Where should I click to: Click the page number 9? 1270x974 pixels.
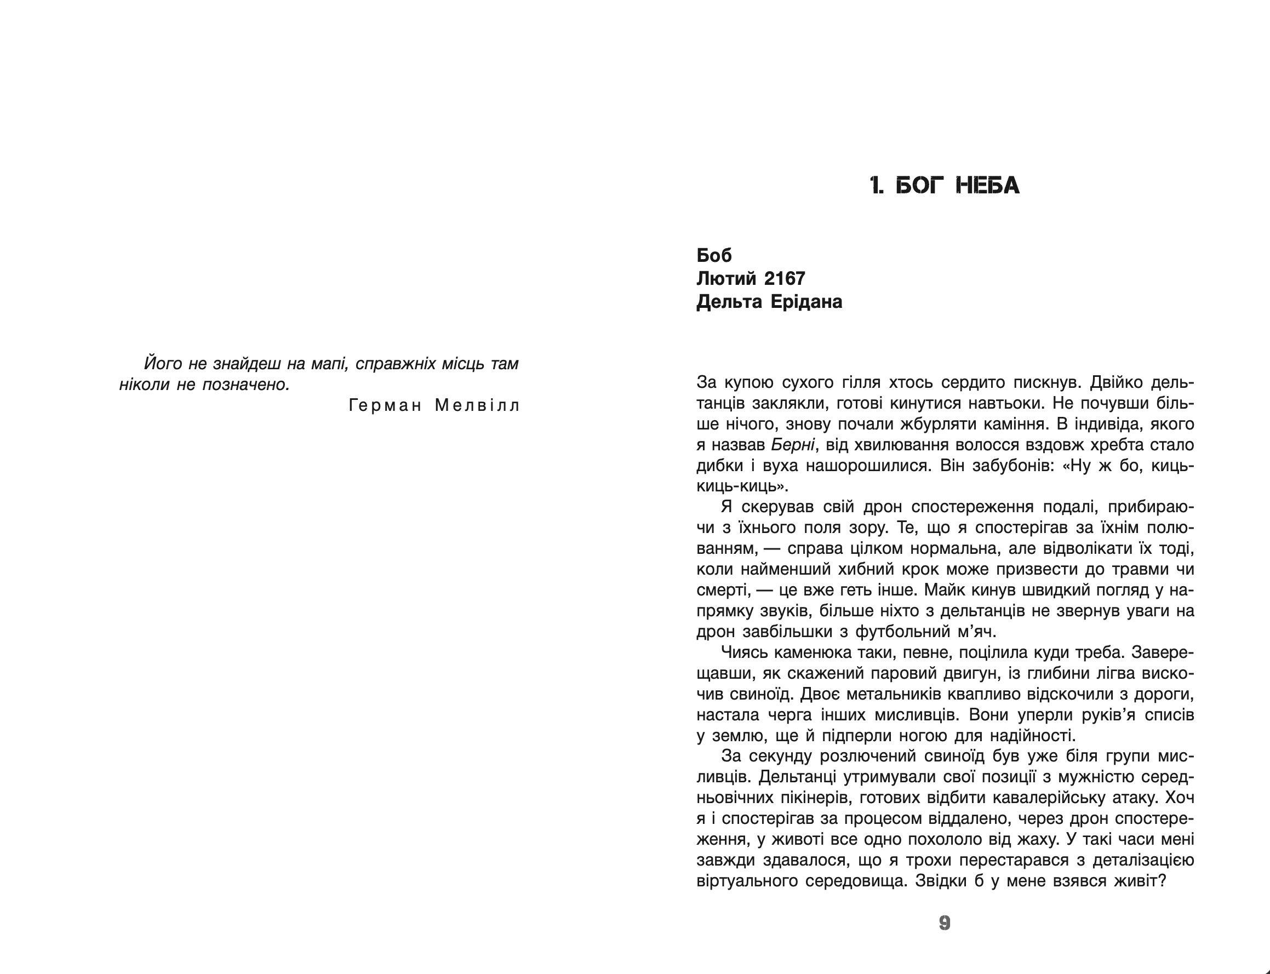944,923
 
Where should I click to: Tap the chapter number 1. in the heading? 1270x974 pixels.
877,186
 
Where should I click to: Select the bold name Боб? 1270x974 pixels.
714,255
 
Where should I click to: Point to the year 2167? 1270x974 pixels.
785,279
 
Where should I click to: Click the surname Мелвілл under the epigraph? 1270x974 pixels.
477,405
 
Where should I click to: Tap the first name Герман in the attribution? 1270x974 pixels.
386,405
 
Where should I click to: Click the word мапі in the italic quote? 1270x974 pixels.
329,364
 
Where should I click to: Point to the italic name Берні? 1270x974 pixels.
793,445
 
